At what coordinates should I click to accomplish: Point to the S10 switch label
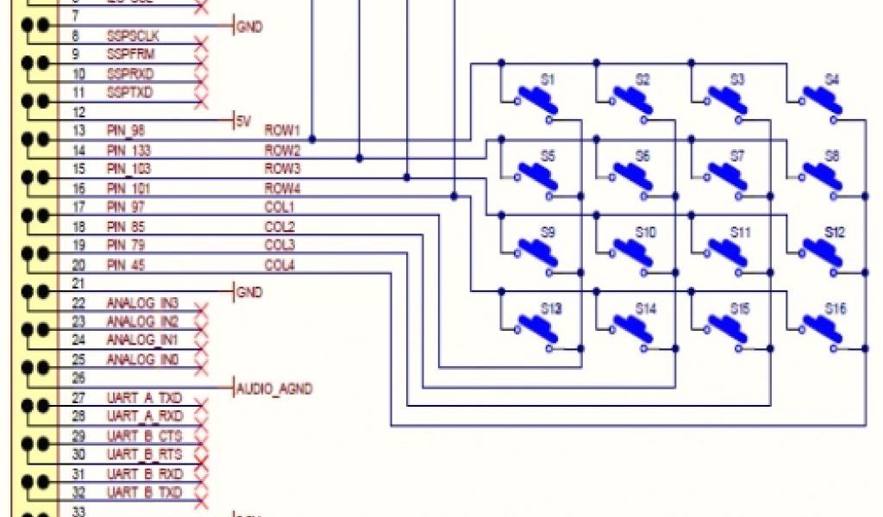point(645,233)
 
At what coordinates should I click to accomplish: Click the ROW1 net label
point(281,130)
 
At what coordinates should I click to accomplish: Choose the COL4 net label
point(279,265)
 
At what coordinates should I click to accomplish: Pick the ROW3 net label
point(281,168)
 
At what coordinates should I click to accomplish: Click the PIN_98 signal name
point(126,130)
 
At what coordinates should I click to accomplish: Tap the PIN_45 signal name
point(126,265)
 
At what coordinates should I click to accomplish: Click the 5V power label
point(243,121)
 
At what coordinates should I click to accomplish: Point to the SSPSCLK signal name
point(132,36)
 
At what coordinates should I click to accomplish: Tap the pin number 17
point(78,208)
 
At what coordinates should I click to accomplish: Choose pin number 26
point(78,377)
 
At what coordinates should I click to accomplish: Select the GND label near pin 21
point(248,293)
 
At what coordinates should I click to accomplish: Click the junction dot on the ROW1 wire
point(312,139)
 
